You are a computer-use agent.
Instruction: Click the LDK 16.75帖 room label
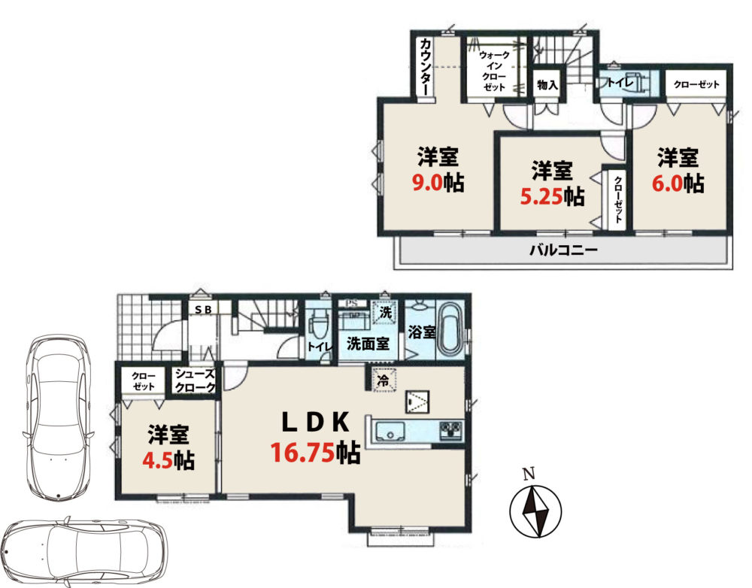[315, 438]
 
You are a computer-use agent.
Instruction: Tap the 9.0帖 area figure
[438, 183]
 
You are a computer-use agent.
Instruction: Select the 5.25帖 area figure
[553, 196]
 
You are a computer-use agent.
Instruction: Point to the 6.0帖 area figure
[678, 183]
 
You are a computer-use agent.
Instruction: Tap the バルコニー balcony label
[563, 250]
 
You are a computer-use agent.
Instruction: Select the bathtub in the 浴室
[450, 329]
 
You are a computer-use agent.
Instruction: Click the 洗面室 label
[368, 344]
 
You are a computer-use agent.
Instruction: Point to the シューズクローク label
[194, 380]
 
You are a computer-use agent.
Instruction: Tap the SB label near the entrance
[203, 310]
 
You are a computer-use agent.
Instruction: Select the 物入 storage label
[547, 85]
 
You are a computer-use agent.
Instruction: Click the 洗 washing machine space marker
[385, 312]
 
